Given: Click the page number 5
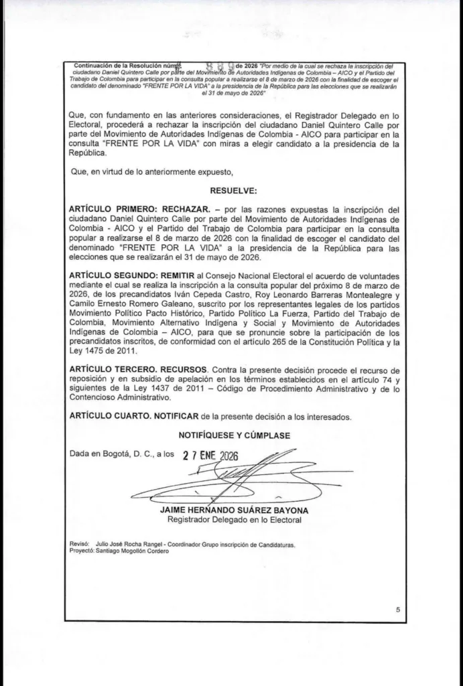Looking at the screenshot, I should coord(397,610).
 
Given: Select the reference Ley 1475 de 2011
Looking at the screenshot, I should coord(103,350).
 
